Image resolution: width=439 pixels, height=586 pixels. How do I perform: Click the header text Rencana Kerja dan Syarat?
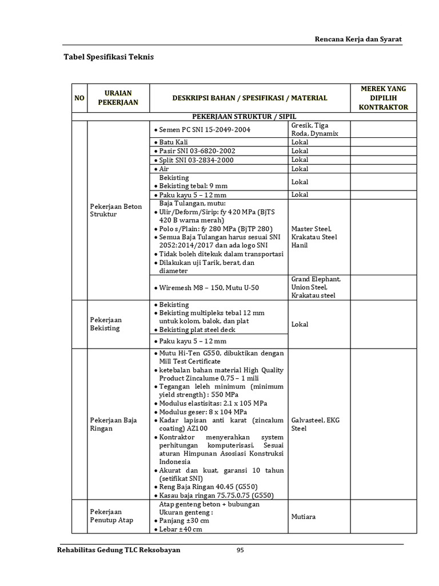tap(359, 39)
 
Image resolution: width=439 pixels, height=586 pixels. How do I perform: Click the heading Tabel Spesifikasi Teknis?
tap(108, 57)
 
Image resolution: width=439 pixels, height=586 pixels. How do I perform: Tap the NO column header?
tap(79, 98)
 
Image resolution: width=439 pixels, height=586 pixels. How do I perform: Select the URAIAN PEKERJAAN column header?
tap(118, 98)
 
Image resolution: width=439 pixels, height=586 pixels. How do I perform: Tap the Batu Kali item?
tap(174, 142)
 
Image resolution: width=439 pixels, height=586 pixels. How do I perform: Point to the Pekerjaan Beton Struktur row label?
tap(115, 210)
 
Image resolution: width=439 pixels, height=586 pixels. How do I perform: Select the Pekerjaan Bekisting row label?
tap(106, 324)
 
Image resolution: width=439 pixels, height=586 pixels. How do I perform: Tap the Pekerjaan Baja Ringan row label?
tap(113, 424)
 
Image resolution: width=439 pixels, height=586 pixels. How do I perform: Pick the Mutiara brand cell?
tap(303, 517)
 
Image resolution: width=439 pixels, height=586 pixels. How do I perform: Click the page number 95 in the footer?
tap(241, 551)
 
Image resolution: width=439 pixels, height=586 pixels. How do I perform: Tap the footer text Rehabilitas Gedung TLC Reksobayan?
tap(119, 551)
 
